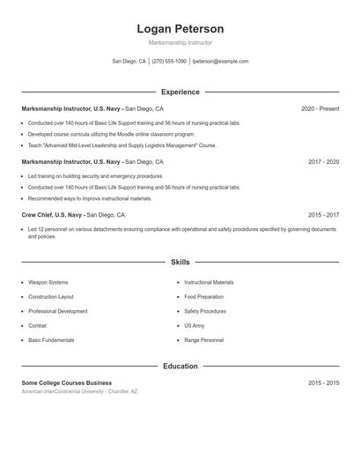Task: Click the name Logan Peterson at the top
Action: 180,29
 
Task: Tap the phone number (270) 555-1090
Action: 169,62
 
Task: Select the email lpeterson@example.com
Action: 220,62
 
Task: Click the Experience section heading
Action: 180,92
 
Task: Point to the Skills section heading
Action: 180,262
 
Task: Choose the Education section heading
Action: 180,366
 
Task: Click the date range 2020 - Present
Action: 320,108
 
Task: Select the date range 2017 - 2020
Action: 323,162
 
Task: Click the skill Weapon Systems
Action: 48,282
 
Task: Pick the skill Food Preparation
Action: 204,297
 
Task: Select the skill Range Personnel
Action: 204,339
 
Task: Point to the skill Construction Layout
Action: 51,297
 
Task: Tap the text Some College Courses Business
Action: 67,383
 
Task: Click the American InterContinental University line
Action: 79,391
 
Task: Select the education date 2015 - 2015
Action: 323,383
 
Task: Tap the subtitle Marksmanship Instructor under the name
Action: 180,42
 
